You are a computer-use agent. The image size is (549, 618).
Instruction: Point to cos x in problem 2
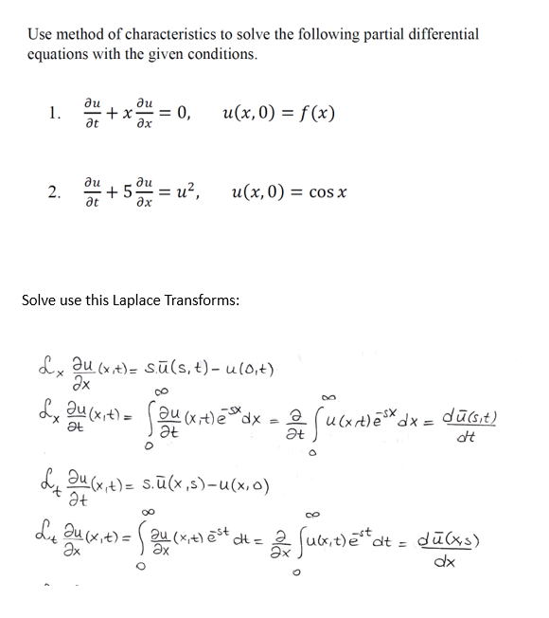tap(329, 194)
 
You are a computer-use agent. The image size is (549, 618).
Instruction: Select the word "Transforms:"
tap(211, 300)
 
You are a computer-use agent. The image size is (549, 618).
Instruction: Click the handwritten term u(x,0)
tap(242, 489)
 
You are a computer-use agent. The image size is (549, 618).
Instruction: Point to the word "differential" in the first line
tap(445, 34)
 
